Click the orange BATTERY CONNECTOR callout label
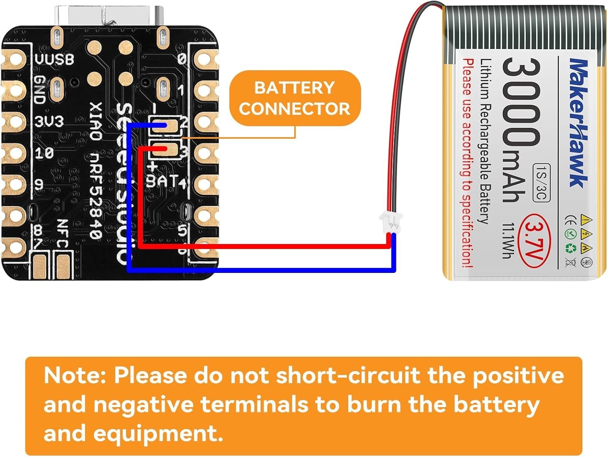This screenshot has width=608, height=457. [x=295, y=98]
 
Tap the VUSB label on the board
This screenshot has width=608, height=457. [x=54, y=59]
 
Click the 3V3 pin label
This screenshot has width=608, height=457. [x=49, y=121]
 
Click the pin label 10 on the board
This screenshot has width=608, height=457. [x=44, y=153]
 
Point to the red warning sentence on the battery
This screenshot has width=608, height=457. [x=468, y=163]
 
